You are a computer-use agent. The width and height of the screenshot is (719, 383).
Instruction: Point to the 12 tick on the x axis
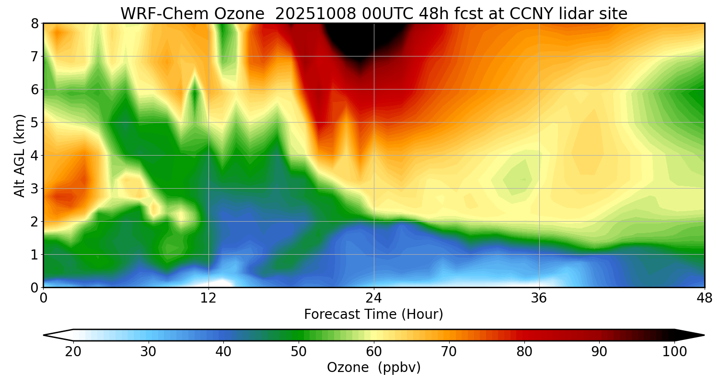tap(209, 298)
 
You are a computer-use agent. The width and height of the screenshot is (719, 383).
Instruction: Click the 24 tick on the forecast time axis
tap(374, 298)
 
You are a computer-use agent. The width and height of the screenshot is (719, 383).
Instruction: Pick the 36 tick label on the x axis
tap(539, 298)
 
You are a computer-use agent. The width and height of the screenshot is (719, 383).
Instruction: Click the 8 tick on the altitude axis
tap(35, 23)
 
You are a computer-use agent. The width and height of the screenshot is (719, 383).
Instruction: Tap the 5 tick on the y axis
tap(35, 123)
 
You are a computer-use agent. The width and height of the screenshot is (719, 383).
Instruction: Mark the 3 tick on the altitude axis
tap(35, 189)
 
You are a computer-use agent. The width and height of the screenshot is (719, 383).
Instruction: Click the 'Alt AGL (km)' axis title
tap(20, 156)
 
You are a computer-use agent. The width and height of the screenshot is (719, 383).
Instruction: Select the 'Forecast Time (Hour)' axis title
tap(373, 315)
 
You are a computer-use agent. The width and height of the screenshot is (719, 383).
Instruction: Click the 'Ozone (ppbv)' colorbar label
tap(373, 368)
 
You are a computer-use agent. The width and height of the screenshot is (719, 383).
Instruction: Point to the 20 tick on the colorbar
tap(73, 352)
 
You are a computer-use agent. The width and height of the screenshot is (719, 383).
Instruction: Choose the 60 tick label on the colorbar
tap(374, 352)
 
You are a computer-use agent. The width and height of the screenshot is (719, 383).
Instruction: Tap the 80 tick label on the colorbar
tap(524, 352)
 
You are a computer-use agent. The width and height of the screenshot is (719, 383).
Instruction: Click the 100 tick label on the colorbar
tap(674, 352)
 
